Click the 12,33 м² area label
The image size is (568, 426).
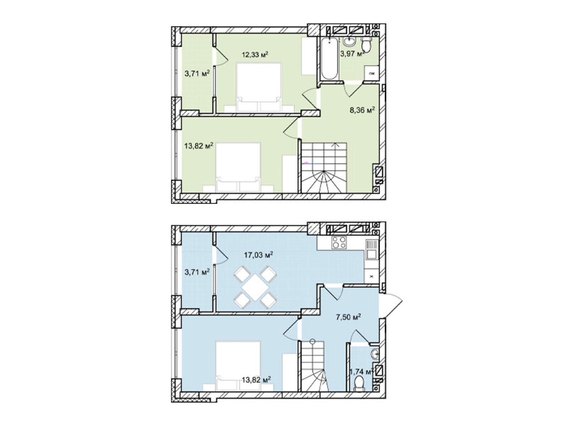[x=255, y=55]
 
